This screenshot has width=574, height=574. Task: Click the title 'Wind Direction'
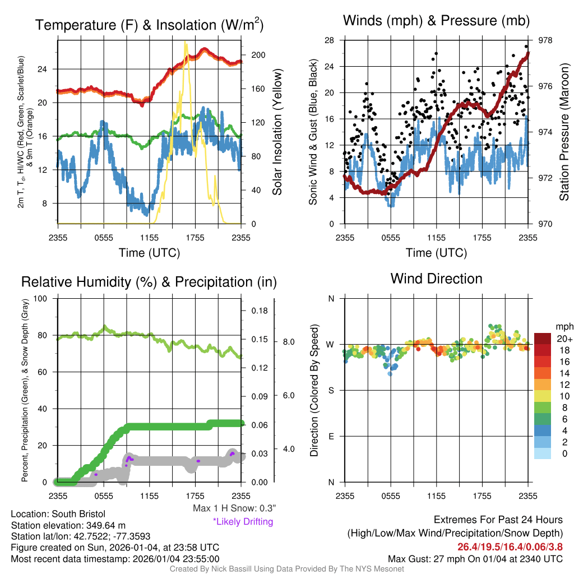point(436,279)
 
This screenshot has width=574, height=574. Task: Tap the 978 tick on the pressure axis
point(545,40)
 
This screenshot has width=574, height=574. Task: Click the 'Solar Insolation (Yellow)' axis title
point(277,132)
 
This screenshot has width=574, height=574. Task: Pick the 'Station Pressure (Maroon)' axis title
point(564,132)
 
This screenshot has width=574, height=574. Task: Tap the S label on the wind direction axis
point(331,390)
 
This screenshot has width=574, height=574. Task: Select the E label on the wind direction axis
point(331,436)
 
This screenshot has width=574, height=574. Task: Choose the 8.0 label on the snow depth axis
point(288,341)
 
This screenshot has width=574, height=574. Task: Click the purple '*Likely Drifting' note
point(243,521)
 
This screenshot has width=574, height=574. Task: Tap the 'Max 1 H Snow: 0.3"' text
point(234,508)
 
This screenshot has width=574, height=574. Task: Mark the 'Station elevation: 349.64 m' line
point(67,525)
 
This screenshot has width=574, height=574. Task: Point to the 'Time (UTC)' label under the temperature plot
point(149,253)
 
